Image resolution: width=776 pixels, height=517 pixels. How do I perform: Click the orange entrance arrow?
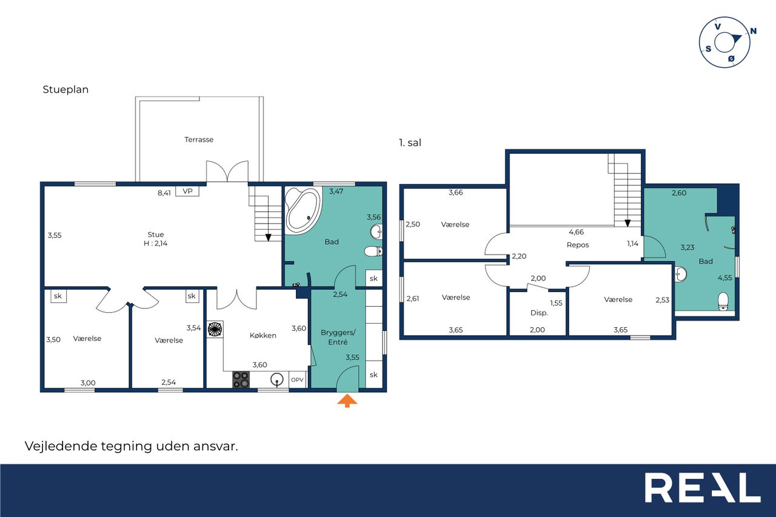click(x=347, y=401)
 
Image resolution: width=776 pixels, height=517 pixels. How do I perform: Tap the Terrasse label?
click(x=199, y=139)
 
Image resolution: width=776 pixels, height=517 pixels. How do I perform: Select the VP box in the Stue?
click(x=187, y=191)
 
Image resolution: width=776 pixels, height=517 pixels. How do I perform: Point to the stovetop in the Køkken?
click(x=241, y=379)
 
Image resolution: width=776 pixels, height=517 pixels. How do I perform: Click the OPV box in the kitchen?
click(x=297, y=380)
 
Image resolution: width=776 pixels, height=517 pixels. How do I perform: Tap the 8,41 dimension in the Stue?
click(x=164, y=193)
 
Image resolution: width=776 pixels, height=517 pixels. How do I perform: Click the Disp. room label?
click(x=539, y=313)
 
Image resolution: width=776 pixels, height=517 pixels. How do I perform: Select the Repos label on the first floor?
click(x=578, y=245)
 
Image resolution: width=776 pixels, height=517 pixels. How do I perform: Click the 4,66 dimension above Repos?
click(x=576, y=232)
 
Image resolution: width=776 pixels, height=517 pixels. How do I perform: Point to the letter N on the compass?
click(x=753, y=31)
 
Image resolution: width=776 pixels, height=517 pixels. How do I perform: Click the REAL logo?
click(x=703, y=487)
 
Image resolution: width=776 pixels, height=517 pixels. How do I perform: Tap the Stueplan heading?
click(x=65, y=89)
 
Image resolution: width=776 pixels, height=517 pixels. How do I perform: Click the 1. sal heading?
click(x=410, y=142)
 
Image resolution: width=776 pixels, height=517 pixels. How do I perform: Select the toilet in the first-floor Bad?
click(x=723, y=302)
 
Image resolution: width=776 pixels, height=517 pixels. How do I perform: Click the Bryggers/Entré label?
click(x=338, y=337)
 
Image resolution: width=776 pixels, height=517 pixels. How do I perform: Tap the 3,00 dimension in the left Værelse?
click(x=88, y=382)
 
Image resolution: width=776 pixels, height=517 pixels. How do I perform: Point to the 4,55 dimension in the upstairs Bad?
click(x=724, y=278)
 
